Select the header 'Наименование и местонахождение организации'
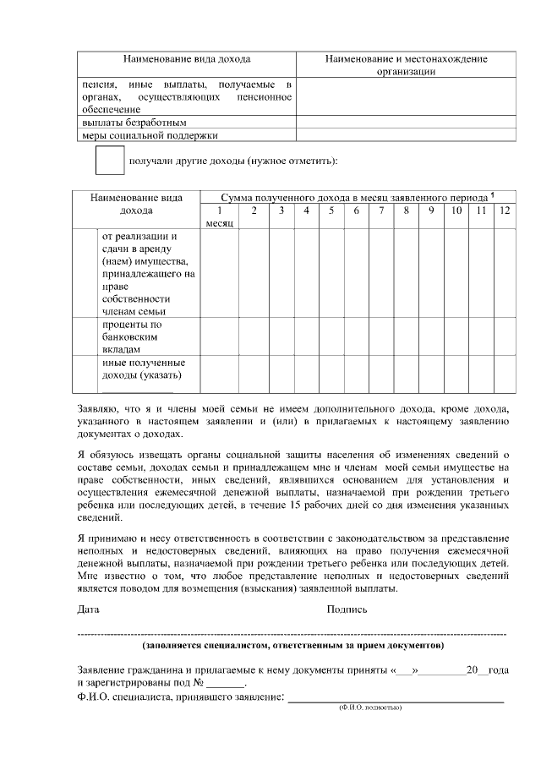(x=406, y=65)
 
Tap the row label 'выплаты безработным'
(x=128, y=122)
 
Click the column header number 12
(x=505, y=210)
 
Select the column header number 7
(x=381, y=210)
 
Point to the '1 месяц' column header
(x=219, y=216)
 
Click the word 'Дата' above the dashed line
(x=88, y=609)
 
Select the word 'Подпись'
(x=347, y=609)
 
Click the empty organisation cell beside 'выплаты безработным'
(x=406, y=122)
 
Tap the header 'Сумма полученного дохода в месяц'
(x=338, y=196)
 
